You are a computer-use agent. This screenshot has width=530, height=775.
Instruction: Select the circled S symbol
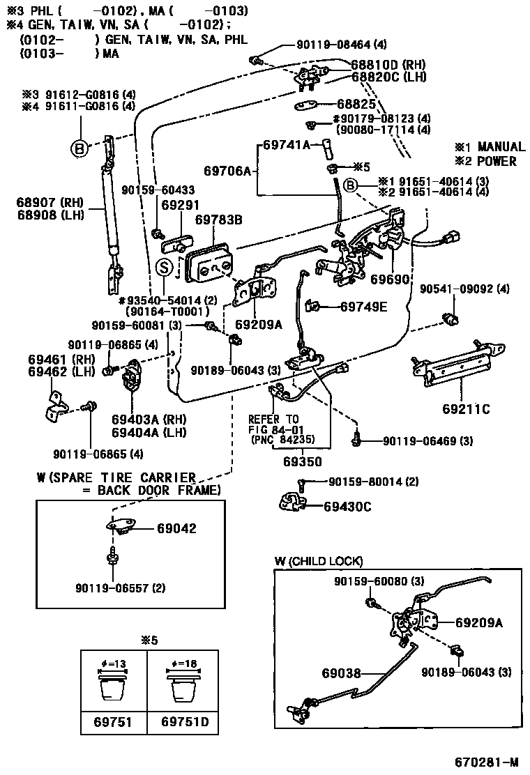(x=163, y=266)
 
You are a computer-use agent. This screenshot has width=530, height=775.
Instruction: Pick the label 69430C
(x=348, y=506)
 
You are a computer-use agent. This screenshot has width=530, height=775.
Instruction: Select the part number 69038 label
(x=342, y=673)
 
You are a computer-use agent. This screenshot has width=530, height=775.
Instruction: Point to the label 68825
(x=356, y=103)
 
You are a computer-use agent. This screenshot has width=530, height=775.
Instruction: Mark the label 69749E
(x=363, y=306)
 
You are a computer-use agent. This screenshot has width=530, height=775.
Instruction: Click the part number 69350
(x=302, y=461)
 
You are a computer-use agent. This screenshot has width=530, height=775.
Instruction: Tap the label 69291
(x=180, y=206)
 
